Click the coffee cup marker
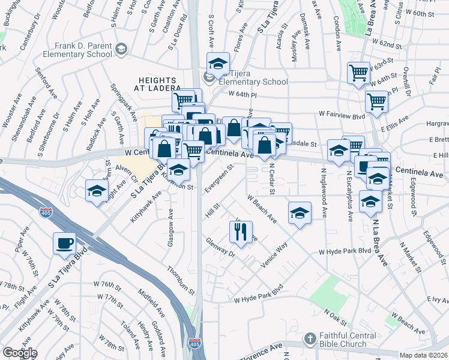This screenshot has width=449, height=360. pos(64,243)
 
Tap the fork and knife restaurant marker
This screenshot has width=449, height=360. pos(241,232)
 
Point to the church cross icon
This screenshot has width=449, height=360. pos(310,340)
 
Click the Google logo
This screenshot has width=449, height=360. pos(20,353)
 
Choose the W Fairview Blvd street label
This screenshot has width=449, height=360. pos(342,113)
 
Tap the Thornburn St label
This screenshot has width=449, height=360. pos(181,281)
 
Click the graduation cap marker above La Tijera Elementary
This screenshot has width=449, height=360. pos(218,63)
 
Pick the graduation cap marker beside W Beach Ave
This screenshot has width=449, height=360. pos(300,212)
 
